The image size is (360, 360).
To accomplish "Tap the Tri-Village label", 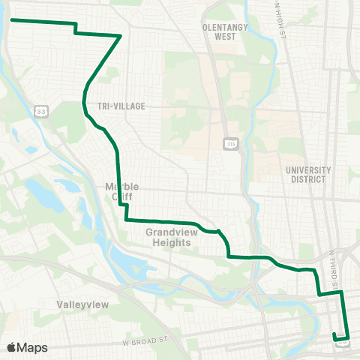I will pyautogui.click(x=120, y=106).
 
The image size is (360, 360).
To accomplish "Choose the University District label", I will pyautogui.click(x=307, y=175).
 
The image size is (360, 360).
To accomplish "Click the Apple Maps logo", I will pyautogui.click(x=27, y=347).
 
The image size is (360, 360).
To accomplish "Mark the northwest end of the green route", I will pyautogui.click(x=13, y=20).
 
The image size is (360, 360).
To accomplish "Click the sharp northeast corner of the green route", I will pyautogui.click(x=121, y=35).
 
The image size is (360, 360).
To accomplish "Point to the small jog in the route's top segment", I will pyautogui.click(x=76, y=28).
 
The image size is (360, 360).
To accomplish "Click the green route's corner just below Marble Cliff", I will pyautogui.click(x=126, y=220).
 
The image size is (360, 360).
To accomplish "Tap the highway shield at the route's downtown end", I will pyautogui.click(x=343, y=344).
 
